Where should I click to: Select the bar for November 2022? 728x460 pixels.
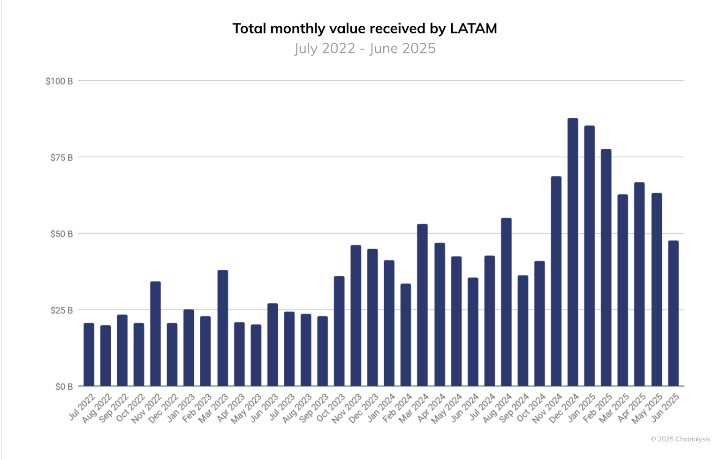(x=155, y=334)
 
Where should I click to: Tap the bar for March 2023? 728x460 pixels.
(x=222, y=328)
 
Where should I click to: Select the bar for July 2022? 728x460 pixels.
(x=89, y=354)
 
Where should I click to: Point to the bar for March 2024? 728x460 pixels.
(x=422, y=305)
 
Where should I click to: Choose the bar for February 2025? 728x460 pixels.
(x=606, y=268)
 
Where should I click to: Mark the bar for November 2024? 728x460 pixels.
(x=556, y=281)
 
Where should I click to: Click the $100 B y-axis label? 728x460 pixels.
(x=59, y=81)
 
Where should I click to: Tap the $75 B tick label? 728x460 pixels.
(x=61, y=158)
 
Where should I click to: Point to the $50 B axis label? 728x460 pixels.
(x=61, y=234)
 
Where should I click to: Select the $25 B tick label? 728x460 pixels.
(x=61, y=310)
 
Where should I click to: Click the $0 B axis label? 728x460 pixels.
(x=64, y=387)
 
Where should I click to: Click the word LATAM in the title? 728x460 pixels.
(x=473, y=29)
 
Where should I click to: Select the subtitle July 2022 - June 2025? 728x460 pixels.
(x=364, y=48)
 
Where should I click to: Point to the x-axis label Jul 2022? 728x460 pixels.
(x=82, y=407)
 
